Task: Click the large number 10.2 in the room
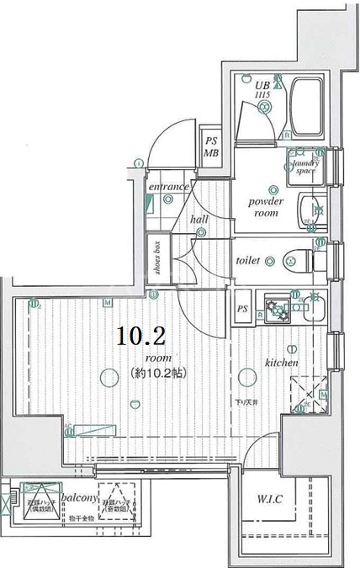[140, 337]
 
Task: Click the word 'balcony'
[79, 486]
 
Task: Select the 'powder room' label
[267, 208]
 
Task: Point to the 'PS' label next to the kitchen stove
[241, 308]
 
